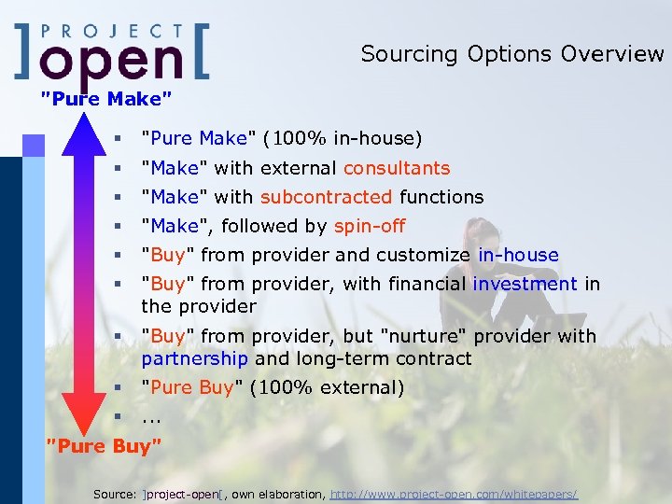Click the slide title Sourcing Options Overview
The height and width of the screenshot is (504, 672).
tap(511, 54)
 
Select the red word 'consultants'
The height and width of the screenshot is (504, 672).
tap(397, 168)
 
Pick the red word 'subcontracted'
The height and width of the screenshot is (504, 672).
tap(326, 197)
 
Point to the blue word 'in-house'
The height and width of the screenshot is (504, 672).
tap(518, 255)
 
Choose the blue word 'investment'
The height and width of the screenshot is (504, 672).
tap(525, 284)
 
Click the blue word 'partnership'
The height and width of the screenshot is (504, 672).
tap(195, 358)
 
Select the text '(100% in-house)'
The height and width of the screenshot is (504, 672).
tap(343, 139)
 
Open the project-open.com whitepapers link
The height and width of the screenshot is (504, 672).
tap(454, 493)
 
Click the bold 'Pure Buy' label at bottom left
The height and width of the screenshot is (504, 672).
tap(104, 446)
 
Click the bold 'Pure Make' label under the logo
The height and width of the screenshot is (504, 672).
tap(106, 97)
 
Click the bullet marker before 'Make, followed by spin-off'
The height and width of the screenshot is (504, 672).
tap(118, 226)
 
